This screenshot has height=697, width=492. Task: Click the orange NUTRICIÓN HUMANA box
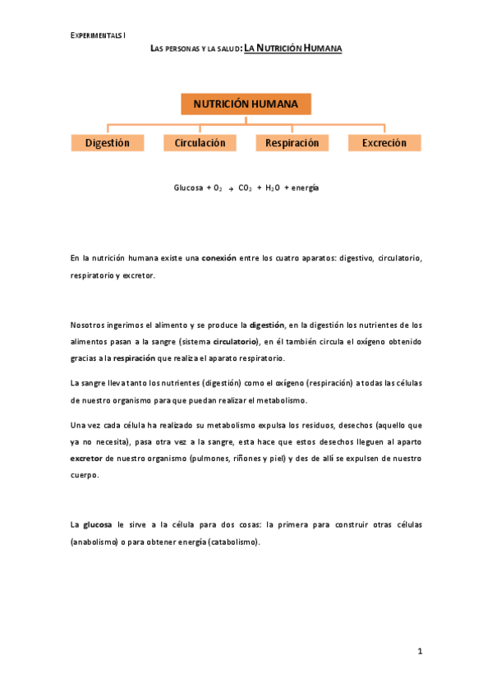(x=246, y=104)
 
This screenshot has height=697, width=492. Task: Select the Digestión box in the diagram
(x=108, y=143)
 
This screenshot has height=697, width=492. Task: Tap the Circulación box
(x=200, y=143)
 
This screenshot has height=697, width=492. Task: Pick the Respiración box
(x=292, y=143)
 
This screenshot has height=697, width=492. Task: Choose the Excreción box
(x=384, y=143)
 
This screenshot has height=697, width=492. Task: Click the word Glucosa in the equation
(x=188, y=187)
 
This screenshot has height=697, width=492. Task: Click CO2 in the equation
(x=246, y=188)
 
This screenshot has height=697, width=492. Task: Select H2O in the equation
(x=273, y=188)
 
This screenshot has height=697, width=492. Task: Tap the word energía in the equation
(x=305, y=188)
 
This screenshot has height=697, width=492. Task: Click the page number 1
(x=419, y=651)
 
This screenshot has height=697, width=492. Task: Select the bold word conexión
(x=219, y=258)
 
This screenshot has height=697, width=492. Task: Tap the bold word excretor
(x=86, y=459)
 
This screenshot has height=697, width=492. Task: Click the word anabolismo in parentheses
(x=98, y=542)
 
